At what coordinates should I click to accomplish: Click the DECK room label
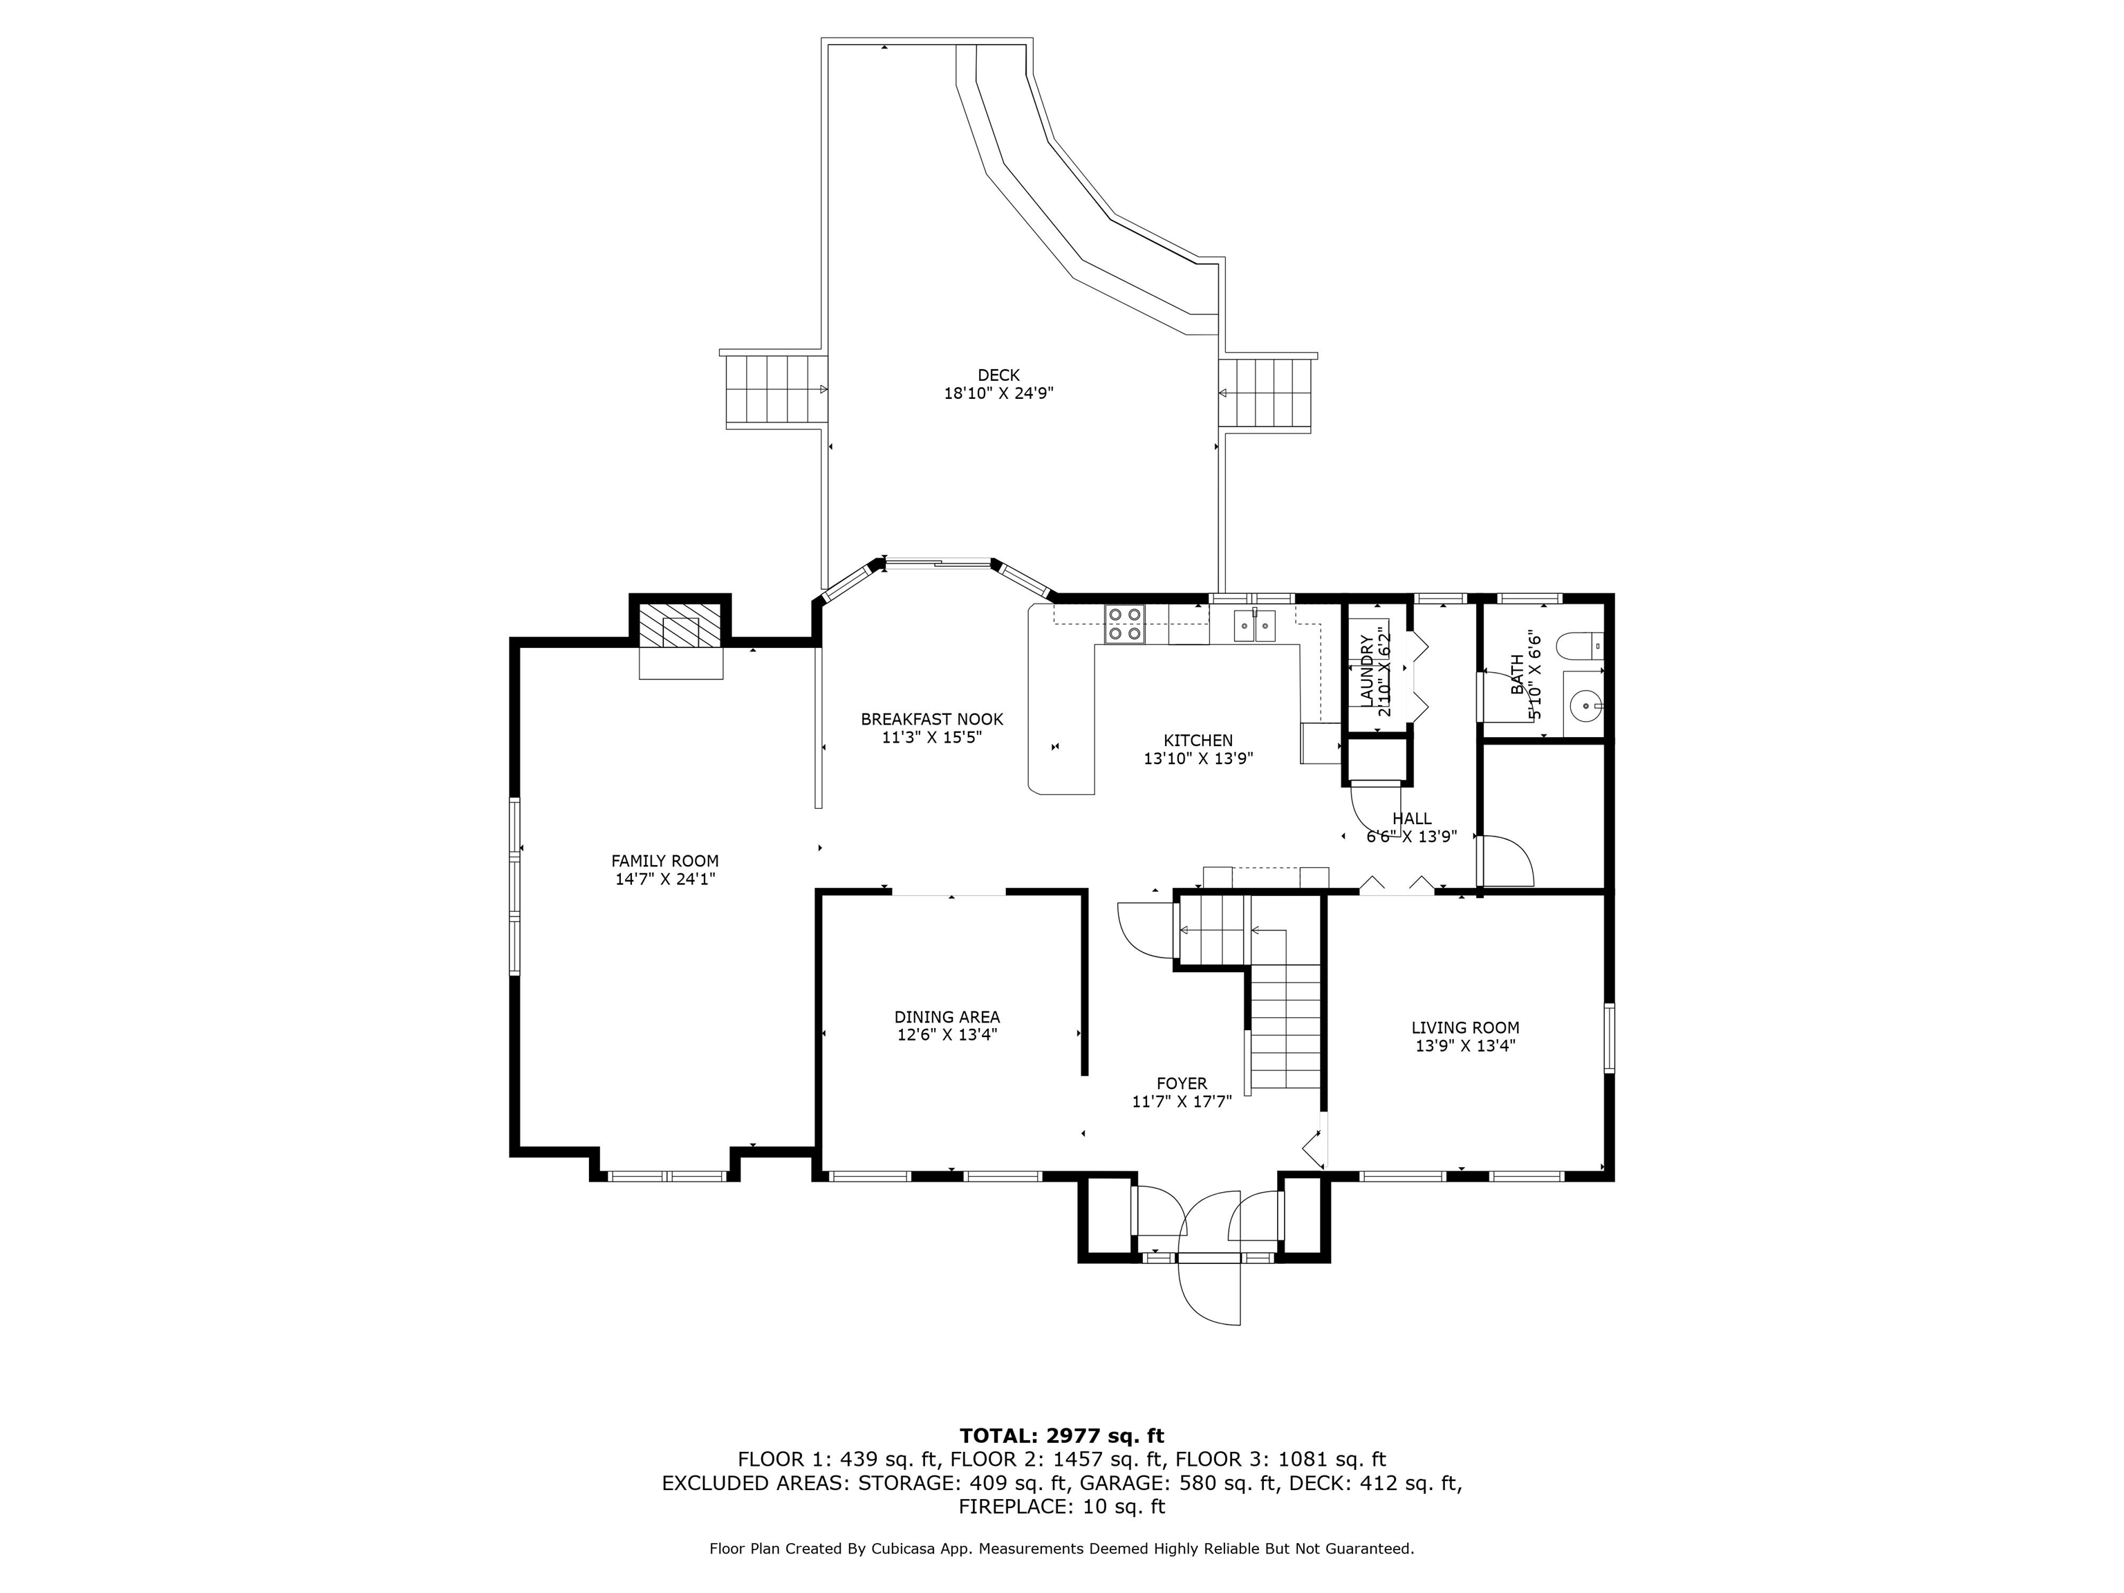(998, 375)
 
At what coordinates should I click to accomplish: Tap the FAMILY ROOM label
(664, 861)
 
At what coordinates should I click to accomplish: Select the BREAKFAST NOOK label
(931, 719)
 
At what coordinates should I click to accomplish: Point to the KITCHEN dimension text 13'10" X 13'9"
(1198, 758)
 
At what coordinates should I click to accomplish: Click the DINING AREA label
(947, 1017)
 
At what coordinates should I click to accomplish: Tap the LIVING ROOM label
(1465, 1027)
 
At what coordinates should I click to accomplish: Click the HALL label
(1412, 819)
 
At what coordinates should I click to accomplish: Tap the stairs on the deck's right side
(1265, 393)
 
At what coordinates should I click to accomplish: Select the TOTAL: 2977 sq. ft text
(1062, 1435)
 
